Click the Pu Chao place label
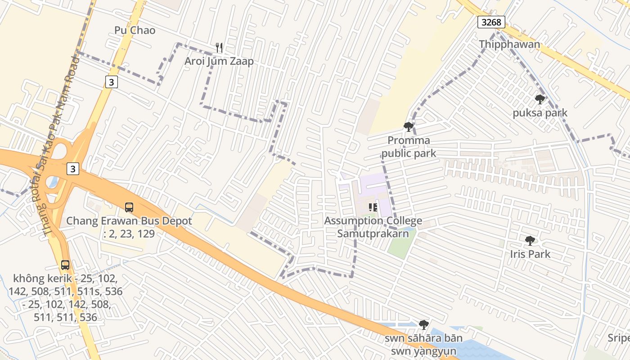click(135, 30)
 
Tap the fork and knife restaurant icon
click(219, 47)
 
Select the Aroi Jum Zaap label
click(219, 61)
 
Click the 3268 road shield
click(491, 22)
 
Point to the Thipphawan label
click(509, 44)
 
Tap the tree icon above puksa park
click(540, 99)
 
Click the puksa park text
click(540, 113)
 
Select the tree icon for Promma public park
click(409, 127)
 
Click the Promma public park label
click(409, 147)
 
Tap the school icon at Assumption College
click(373, 207)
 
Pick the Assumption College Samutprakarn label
click(373, 227)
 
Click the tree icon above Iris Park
click(530, 241)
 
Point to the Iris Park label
click(530, 254)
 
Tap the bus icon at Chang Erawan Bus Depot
click(129, 207)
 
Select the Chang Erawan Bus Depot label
click(129, 227)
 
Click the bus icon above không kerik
click(65, 265)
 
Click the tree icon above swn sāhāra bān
click(423, 324)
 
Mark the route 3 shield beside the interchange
click(73, 169)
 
